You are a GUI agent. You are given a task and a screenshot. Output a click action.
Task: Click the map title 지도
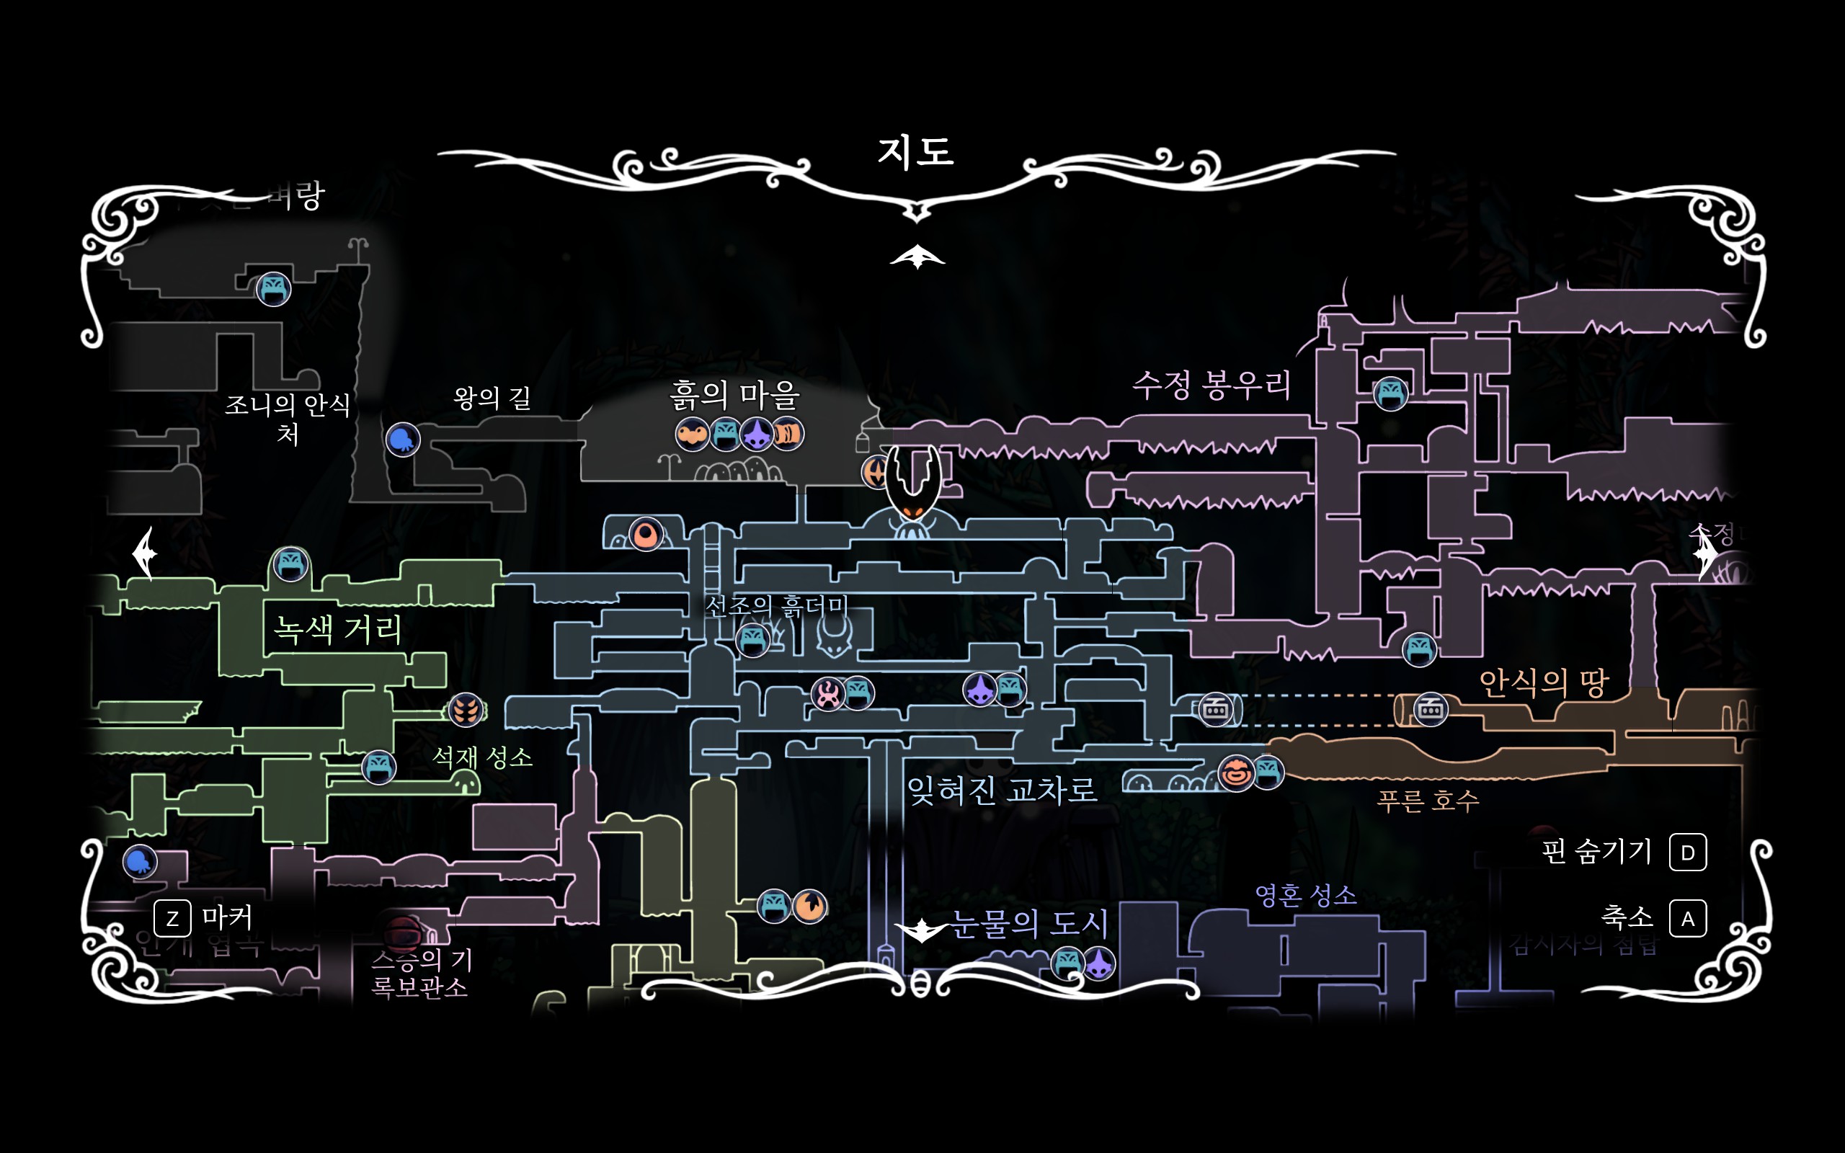click(x=915, y=151)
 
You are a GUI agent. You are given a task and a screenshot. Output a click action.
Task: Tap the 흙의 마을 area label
click(x=735, y=395)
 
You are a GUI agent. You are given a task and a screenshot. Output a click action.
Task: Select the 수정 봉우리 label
click(x=1212, y=385)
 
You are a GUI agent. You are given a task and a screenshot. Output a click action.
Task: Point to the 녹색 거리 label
click(x=338, y=629)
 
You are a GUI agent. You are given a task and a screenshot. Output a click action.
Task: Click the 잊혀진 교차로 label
click(x=1002, y=790)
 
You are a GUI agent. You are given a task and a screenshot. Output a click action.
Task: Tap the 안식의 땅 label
click(x=1544, y=682)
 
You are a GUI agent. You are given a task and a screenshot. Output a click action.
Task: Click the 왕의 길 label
click(x=492, y=397)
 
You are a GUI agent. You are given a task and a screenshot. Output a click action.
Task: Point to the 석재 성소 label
click(x=482, y=757)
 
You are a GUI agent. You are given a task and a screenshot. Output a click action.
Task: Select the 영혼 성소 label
click(x=1305, y=894)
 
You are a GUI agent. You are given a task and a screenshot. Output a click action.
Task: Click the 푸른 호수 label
click(x=1427, y=800)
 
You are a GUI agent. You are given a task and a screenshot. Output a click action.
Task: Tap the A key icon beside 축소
click(x=1688, y=919)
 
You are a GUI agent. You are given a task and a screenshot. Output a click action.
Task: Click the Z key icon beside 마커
click(x=172, y=918)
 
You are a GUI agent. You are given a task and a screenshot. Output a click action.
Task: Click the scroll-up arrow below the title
click(x=917, y=257)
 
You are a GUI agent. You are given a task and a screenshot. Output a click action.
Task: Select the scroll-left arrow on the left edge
click(x=144, y=553)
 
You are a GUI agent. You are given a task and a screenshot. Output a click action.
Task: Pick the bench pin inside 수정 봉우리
click(x=1391, y=393)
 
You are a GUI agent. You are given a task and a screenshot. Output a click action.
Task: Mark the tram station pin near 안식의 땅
click(x=1431, y=709)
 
